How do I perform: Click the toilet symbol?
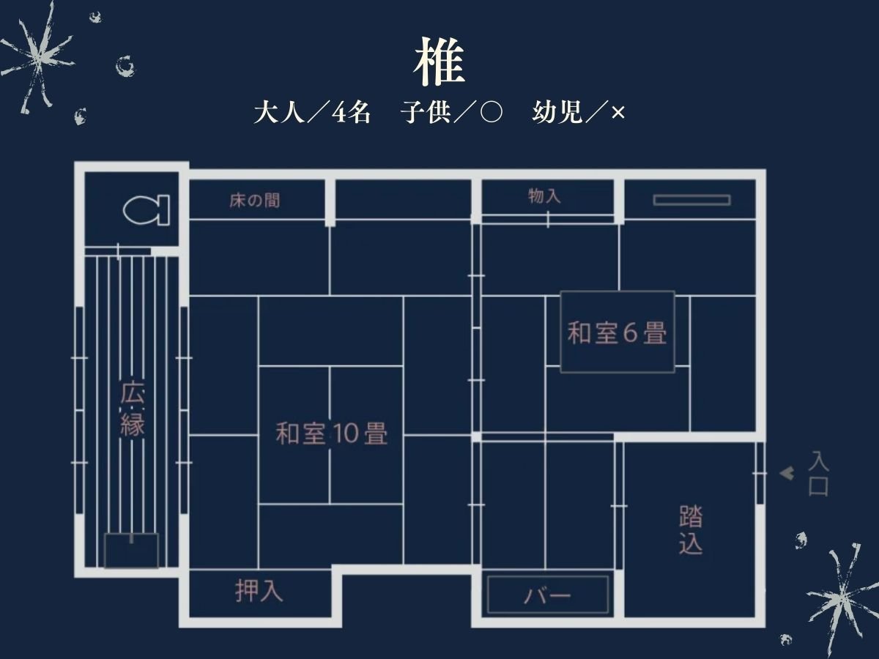coord(146,210)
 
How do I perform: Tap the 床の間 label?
coord(255,201)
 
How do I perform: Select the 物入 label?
coord(544,196)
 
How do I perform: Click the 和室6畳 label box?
coord(617,332)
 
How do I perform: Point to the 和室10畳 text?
coord(332,433)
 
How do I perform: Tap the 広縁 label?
coord(132,409)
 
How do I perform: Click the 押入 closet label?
coord(259,591)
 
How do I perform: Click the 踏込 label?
coord(691,529)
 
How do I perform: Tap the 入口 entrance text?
coord(818,473)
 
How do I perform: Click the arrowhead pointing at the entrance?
coord(787,474)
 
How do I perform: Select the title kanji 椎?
coord(439,62)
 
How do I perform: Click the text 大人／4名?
coord(312,113)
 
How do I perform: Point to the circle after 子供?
coord(491,113)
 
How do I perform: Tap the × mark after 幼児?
coord(618,113)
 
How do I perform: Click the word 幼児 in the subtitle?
coord(557,113)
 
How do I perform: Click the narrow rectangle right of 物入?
coord(692,200)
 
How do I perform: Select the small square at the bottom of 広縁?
coord(131,551)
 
